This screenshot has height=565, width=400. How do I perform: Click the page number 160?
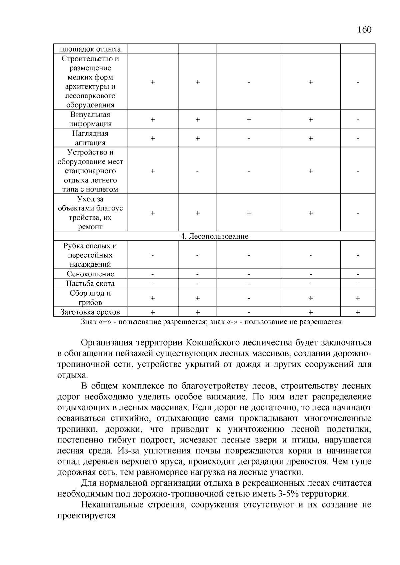coord(364,30)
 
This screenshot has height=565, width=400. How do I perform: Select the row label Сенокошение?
coord(90,274)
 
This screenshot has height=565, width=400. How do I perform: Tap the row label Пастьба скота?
coord(90,283)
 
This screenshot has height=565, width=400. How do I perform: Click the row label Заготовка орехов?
coord(90,312)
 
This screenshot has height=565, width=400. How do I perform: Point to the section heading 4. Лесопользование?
coord(214,236)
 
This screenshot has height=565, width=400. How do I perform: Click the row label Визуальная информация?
coord(90,119)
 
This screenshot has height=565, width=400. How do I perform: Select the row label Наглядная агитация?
coord(90,138)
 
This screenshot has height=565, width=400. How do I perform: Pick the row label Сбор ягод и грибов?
coord(90,298)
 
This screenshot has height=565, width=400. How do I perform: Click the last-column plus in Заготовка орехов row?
coord(358,312)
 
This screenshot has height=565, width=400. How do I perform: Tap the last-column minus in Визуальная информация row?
coord(358,119)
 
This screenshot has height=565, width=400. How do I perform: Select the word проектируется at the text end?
coord(86,516)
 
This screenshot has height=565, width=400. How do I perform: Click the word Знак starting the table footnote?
coord(89,322)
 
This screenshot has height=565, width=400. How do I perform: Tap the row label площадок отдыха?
coord(90,49)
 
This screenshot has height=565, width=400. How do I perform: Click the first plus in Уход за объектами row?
coord(152,213)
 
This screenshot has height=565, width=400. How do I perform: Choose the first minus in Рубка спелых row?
coord(152,255)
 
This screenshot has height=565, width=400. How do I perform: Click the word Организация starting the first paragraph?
coord(107,343)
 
